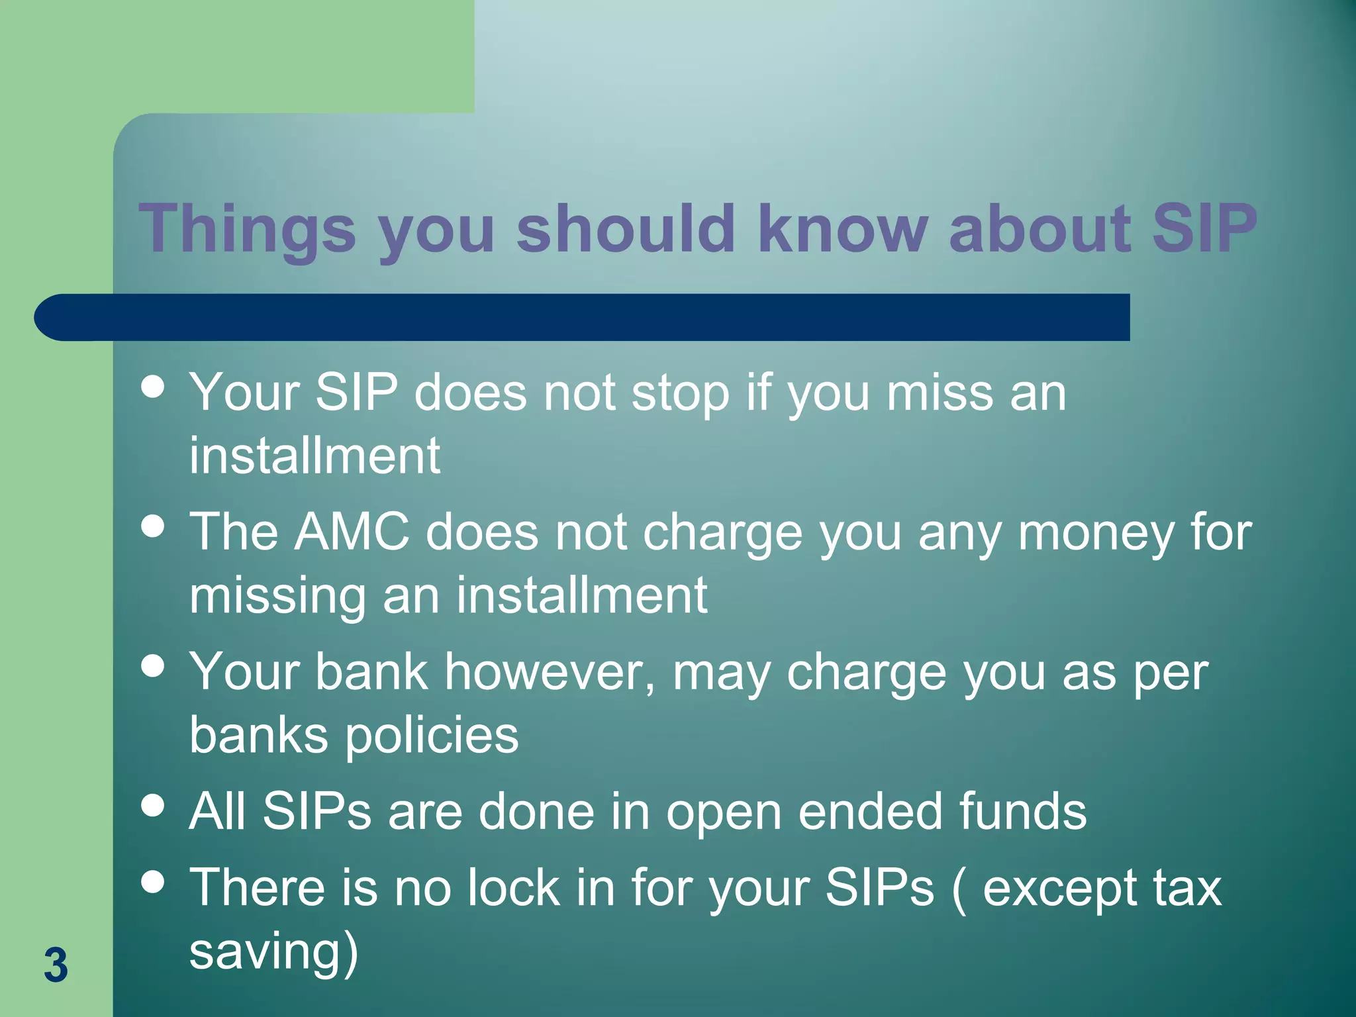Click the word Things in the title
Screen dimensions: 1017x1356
247,229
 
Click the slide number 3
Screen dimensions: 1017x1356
56,965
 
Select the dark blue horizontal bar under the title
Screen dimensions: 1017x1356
583,317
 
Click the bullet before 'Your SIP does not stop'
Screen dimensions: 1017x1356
153,387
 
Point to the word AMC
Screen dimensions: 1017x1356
352,532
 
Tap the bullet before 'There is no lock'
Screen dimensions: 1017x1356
153,881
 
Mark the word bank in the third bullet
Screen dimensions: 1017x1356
371,672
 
